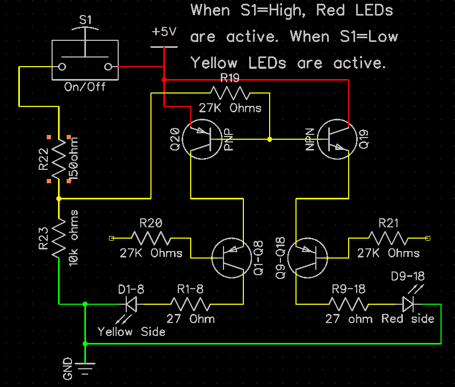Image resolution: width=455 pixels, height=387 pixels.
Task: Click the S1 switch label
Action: click(85, 20)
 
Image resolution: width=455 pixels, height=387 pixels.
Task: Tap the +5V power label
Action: click(164, 31)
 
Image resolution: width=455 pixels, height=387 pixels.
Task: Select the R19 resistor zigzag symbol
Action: click(230, 93)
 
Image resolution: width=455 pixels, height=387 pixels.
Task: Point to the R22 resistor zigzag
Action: click(59, 159)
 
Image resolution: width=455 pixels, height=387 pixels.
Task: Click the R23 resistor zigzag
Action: click(59, 238)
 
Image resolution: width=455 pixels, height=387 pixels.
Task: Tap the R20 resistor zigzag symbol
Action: click(151, 238)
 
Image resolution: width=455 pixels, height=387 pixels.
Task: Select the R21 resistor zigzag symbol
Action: click(388, 238)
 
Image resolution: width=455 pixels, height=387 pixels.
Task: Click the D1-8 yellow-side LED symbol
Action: click(131, 304)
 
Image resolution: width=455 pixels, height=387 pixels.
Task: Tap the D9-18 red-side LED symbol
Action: click(409, 304)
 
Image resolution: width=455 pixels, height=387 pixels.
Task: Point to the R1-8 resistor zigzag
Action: click(190, 304)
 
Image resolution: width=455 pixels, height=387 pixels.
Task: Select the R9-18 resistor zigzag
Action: click(349, 304)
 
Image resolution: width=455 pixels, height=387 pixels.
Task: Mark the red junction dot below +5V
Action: click(164, 80)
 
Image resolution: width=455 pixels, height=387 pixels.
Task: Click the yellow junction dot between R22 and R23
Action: click(59, 198)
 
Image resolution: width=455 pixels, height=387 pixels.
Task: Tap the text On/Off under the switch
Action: click(85, 87)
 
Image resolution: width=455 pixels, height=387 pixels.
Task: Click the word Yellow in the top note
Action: click(214, 63)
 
